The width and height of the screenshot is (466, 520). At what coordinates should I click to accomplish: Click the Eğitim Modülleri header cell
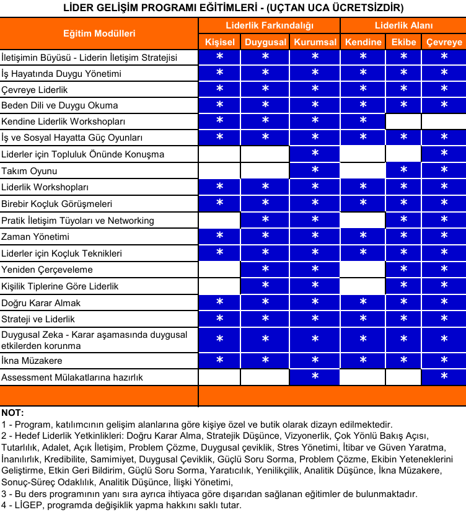(99, 33)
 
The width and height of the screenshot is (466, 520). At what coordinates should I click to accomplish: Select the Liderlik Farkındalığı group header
(269, 25)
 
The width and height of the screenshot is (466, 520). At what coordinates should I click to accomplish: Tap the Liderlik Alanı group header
(403, 25)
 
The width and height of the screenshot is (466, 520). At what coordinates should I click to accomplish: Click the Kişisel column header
(220, 42)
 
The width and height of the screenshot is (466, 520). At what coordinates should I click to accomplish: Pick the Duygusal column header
(265, 42)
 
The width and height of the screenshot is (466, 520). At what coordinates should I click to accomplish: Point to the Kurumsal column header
(315, 42)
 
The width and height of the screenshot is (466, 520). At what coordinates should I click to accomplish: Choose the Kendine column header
(363, 42)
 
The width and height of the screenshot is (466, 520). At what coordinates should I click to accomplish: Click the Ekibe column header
(403, 42)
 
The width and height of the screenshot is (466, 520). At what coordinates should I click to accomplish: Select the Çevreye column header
(444, 42)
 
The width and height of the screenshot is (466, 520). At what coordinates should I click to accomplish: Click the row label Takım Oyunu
(29, 170)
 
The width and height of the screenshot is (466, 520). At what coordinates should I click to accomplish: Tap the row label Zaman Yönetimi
(35, 237)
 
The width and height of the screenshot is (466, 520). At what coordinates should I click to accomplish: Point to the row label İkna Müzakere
(32, 360)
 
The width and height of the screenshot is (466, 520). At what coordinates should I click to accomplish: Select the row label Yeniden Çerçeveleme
(47, 270)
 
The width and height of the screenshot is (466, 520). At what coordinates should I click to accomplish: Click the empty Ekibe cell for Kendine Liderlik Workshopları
(403, 121)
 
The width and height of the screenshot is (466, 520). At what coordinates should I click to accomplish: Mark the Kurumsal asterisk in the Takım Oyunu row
(315, 170)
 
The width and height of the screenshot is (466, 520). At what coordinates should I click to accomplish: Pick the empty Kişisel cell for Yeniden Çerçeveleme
(220, 270)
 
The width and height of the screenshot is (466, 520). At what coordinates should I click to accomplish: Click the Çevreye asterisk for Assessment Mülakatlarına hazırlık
(444, 377)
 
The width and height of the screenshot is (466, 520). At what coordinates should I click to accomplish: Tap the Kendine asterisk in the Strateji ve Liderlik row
(363, 319)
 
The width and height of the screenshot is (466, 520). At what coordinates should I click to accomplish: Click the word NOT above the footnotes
(12, 412)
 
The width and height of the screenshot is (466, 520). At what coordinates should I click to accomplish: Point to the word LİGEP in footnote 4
(25, 505)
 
